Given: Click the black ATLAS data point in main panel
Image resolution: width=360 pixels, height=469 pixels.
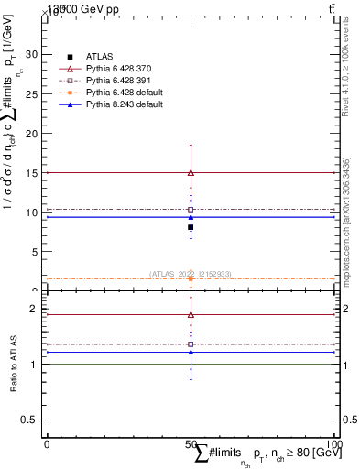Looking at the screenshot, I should click(x=191, y=227).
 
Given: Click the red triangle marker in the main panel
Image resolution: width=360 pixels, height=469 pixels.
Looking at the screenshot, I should click(x=191, y=172).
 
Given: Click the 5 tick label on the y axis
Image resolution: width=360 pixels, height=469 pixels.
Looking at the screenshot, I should click(x=34, y=252).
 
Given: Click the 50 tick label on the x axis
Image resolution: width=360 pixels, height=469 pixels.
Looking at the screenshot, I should click(x=191, y=443).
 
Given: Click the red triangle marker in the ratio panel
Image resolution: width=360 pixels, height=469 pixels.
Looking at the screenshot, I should click(x=191, y=315).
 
